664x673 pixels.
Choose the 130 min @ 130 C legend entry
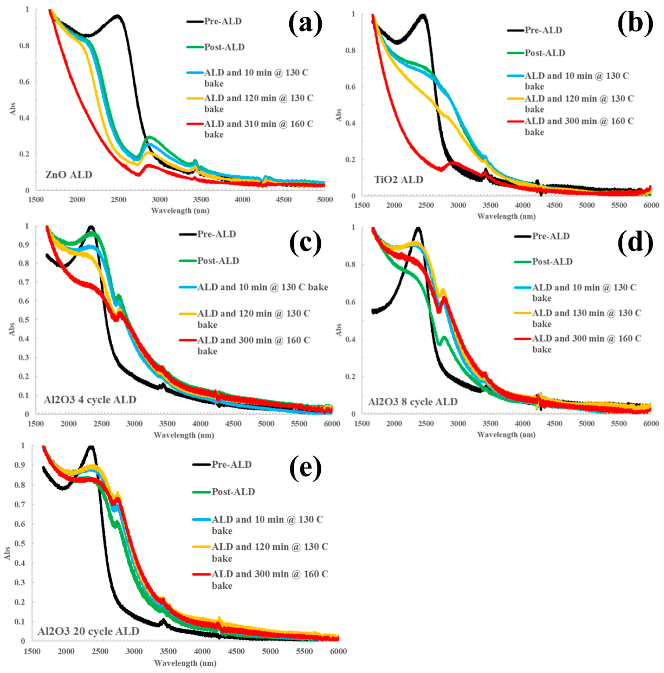point(586,318)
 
